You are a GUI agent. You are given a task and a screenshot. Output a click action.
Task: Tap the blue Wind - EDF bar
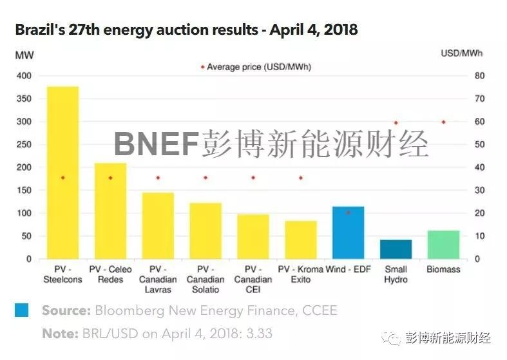point(348,232)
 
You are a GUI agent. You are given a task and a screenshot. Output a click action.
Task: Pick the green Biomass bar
point(443,245)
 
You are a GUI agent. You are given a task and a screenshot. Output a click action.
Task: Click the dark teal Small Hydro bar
point(396,249)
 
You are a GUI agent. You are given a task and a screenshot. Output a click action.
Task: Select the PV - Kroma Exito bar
point(300,240)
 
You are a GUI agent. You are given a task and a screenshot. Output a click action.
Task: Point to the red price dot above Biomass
point(443,122)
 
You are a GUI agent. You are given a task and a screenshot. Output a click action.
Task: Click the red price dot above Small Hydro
point(396,122)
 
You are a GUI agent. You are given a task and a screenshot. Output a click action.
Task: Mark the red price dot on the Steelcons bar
point(62,178)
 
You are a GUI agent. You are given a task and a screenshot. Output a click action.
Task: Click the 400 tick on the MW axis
point(24,76)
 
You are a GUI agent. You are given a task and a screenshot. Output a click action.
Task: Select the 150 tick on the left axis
point(24,190)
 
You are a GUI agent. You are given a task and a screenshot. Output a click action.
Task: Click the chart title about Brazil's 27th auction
point(186,30)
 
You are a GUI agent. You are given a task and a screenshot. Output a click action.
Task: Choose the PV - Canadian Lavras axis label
point(158,274)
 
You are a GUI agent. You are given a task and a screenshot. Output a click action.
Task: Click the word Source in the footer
point(66,311)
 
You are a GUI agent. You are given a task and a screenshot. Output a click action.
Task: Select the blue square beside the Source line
point(22,310)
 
